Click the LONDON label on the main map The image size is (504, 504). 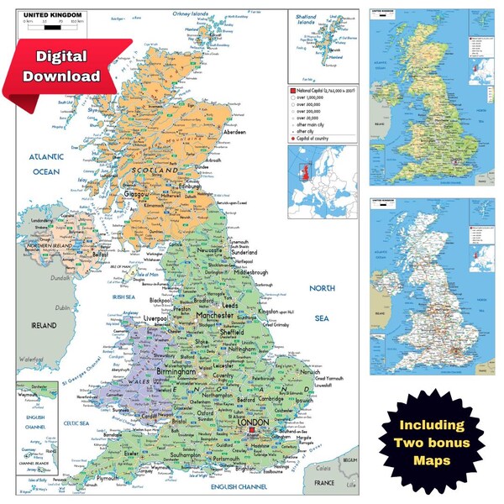256,424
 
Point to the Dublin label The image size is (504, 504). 64,308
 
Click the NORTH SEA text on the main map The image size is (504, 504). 322,303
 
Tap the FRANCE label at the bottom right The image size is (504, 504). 323,483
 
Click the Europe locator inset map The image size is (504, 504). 323,180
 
